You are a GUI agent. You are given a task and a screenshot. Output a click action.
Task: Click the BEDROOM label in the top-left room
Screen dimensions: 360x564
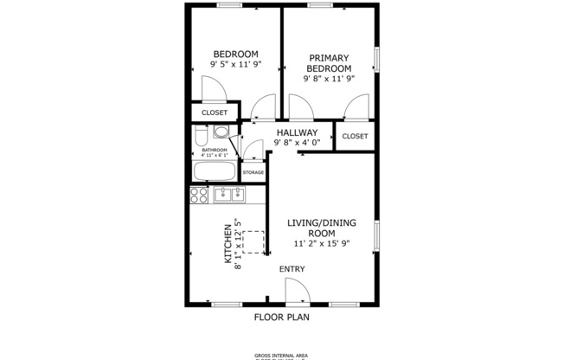pyautogui.click(x=235, y=54)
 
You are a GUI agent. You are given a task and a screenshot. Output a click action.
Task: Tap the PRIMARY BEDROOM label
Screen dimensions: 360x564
pyautogui.click(x=329, y=63)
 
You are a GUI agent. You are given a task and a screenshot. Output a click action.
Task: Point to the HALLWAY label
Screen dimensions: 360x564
pyautogui.click(x=297, y=132)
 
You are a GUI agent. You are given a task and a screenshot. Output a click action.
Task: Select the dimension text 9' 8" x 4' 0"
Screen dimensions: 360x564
pyautogui.click(x=297, y=143)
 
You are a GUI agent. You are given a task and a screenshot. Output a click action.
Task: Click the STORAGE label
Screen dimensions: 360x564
pyautogui.click(x=253, y=172)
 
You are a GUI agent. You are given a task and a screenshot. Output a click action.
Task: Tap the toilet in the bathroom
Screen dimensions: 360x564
pyautogui.click(x=200, y=138)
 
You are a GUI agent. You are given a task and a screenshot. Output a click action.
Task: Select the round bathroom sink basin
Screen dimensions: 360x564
pyautogui.click(x=221, y=133)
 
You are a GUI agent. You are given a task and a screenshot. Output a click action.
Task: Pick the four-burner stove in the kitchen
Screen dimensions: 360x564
pyautogui.click(x=199, y=195)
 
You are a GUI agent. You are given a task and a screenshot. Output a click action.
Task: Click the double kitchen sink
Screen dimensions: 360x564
pyautogui.click(x=229, y=195)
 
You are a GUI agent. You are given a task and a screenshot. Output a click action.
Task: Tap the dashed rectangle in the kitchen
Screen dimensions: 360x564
pyautogui.click(x=253, y=241)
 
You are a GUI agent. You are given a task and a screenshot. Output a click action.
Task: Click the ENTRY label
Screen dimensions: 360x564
pyautogui.click(x=292, y=269)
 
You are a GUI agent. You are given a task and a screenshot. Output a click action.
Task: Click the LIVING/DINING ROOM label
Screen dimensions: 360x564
pyautogui.click(x=322, y=228)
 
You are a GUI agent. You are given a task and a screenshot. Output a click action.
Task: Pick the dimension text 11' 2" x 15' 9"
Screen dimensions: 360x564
pyautogui.click(x=322, y=244)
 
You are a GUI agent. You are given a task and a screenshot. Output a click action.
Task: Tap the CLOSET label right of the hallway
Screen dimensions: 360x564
pyautogui.click(x=355, y=137)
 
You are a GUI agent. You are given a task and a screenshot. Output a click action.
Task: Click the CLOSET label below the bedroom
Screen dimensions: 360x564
pyautogui.click(x=215, y=113)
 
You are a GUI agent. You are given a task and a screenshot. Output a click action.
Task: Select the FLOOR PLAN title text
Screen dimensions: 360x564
pyautogui.click(x=282, y=317)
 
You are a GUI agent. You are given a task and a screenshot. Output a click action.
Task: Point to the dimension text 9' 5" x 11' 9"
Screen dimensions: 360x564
pyautogui.click(x=235, y=64)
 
